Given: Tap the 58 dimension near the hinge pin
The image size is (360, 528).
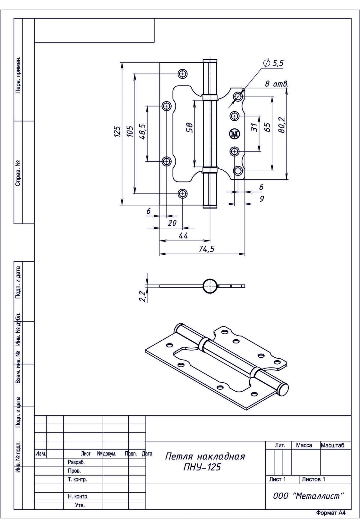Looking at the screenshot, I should [189, 128].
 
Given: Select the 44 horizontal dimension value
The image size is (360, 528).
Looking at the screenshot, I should [183, 236].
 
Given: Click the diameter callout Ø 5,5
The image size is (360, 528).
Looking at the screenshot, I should [273, 63].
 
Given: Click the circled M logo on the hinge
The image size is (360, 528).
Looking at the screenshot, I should [235, 134].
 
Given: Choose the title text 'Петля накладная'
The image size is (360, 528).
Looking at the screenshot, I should [205, 457].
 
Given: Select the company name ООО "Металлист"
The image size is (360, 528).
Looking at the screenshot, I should [308, 496].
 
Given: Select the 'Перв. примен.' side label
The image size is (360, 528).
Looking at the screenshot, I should [18, 75].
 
